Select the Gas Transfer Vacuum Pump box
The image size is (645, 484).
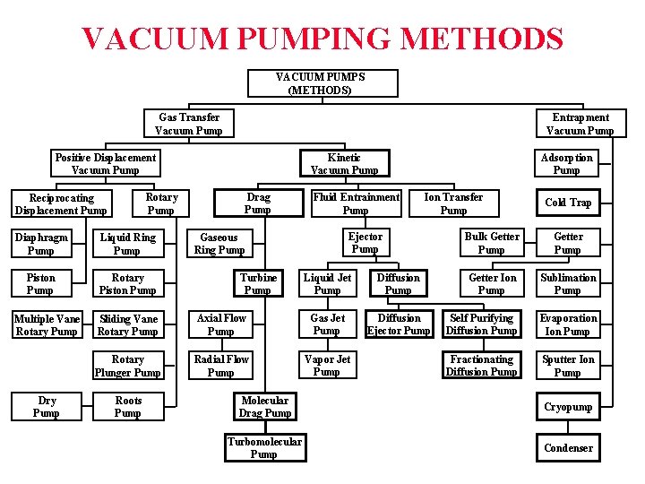189,124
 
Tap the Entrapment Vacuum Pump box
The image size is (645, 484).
580,124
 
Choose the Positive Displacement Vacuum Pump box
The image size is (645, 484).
105,164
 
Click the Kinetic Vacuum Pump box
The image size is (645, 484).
344,164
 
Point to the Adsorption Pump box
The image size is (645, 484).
567,164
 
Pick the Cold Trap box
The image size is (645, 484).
568,203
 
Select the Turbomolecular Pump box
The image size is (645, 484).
264,448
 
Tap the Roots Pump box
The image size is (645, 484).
127,407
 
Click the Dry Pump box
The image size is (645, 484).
46,407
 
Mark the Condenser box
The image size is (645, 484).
568,448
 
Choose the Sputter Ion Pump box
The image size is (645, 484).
568,366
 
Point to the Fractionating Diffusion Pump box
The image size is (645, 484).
482,366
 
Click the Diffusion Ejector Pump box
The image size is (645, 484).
399,324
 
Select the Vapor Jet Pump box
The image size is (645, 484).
327,366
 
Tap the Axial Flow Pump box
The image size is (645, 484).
221,324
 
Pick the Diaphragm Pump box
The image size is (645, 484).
40,244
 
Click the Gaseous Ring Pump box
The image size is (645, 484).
219,244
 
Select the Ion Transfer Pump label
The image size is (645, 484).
453,203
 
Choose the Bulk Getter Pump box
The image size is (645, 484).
491,244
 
